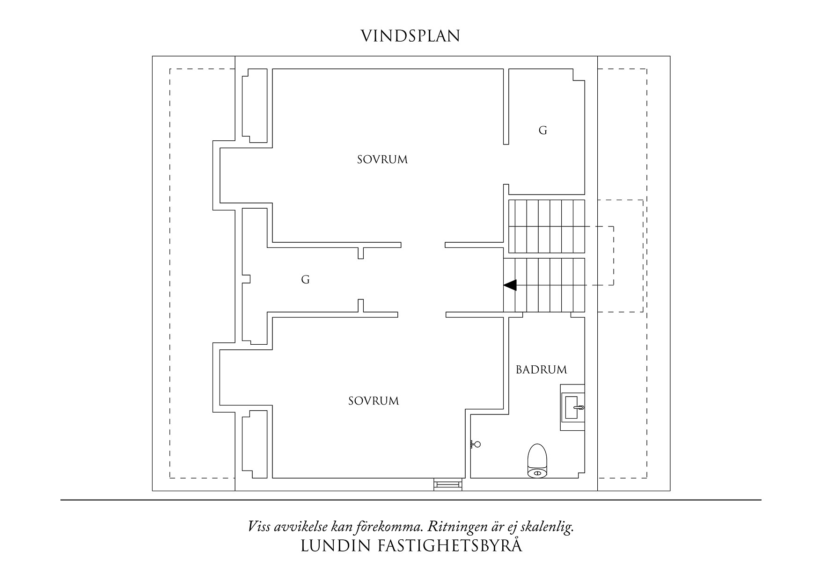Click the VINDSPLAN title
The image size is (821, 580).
pyautogui.click(x=410, y=36)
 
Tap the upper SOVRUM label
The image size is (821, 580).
pyautogui.click(x=382, y=160)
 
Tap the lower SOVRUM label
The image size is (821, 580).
pyautogui.click(x=374, y=401)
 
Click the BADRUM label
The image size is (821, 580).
pyautogui.click(x=541, y=370)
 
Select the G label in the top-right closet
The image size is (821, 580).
pyautogui.click(x=542, y=131)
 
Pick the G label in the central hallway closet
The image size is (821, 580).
pyautogui.click(x=305, y=280)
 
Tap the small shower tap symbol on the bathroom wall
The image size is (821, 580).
pyautogui.click(x=476, y=444)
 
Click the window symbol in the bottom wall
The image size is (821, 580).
pyautogui.click(x=448, y=485)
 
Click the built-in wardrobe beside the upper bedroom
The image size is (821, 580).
pyautogui.click(x=254, y=106)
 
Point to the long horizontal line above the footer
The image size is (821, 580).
pyautogui.click(x=410, y=500)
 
